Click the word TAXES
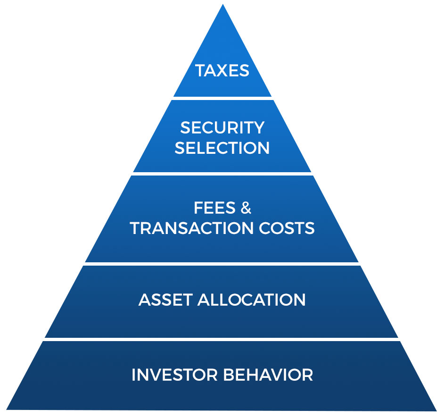click(x=222, y=70)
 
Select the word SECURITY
click(x=222, y=127)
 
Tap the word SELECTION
click(x=222, y=148)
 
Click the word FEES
click(x=214, y=208)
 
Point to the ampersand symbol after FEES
click(x=246, y=208)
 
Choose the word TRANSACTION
click(x=192, y=228)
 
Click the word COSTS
click(x=287, y=228)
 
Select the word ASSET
click(x=165, y=300)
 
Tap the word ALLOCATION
click(x=251, y=300)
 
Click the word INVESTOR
click(x=174, y=375)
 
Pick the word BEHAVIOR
click(x=268, y=375)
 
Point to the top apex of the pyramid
click(x=223, y=4)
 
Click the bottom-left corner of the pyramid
click(x=7, y=410)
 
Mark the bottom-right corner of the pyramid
click(x=436, y=410)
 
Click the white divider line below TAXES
click(x=222, y=98)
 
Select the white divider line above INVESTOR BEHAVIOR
click(x=222, y=339)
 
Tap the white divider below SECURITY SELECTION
click(x=222, y=174)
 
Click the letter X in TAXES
click(x=222, y=70)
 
